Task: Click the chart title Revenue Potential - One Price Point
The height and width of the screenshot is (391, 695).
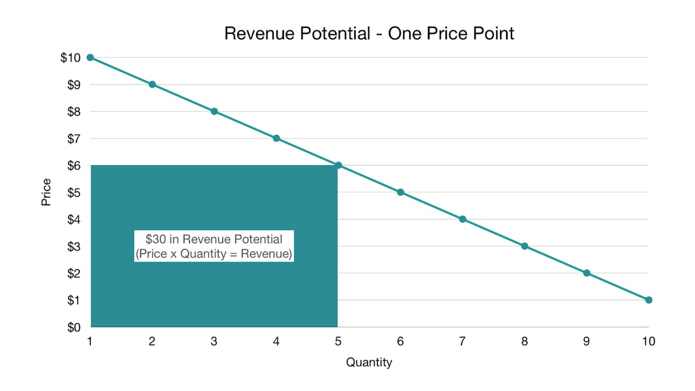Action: [369, 33]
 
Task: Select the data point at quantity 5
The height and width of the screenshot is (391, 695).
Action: [338, 165]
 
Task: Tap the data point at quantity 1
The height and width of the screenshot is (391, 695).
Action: [90, 57]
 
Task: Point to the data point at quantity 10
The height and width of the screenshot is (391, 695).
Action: [649, 300]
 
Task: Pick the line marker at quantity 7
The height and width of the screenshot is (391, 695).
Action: [463, 219]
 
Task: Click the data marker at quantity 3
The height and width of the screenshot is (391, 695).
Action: [214, 111]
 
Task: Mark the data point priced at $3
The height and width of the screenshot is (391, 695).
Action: [525, 246]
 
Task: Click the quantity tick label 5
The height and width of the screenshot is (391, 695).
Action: [338, 341]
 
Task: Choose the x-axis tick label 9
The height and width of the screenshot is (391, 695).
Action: [587, 341]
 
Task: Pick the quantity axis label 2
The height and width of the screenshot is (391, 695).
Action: [152, 341]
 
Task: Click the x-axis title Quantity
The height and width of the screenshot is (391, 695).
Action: [369, 363]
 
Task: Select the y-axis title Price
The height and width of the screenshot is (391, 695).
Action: [46, 192]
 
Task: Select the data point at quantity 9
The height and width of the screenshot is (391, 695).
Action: [587, 273]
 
